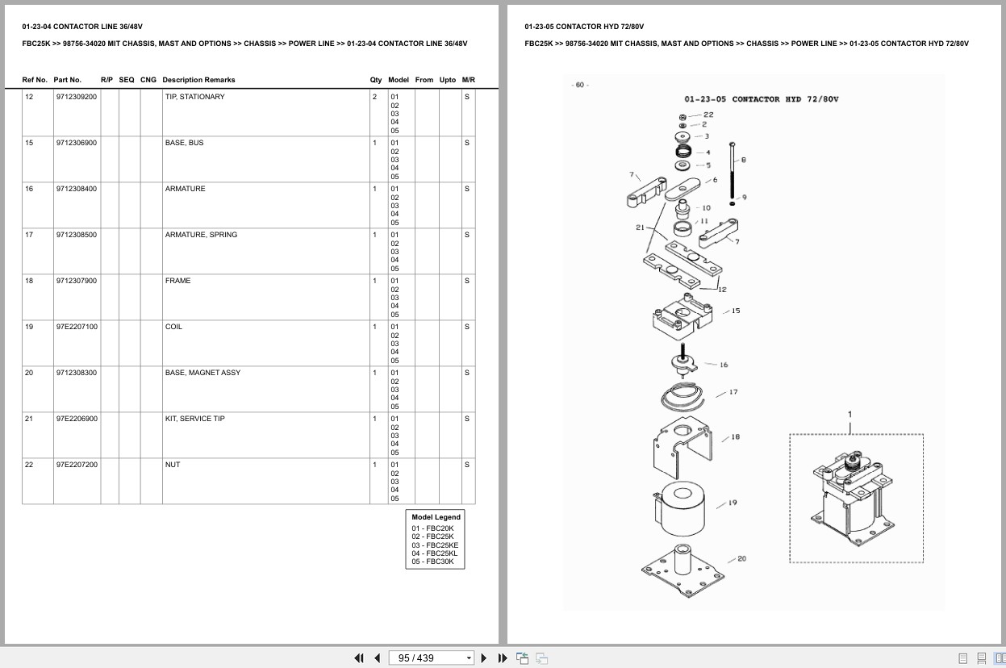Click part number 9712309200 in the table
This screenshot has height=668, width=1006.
[77, 97]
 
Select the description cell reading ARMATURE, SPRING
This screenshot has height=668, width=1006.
[201, 235]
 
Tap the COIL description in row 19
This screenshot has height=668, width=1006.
[173, 327]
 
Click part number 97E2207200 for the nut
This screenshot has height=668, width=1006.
[77, 465]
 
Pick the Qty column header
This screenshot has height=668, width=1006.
[376, 80]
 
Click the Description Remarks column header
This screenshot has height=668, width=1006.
[198, 80]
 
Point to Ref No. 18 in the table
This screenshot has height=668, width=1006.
[29, 281]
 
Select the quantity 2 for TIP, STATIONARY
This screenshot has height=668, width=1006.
[374, 97]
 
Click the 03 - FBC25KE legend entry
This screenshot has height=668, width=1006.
[435, 545]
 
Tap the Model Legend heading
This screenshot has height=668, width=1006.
[436, 517]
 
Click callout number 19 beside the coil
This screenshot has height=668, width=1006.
[733, 503]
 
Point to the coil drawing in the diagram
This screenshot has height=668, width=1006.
[680, 508]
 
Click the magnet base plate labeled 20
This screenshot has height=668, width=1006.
[682, 572]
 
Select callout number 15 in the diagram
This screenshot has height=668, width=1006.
[736, 311]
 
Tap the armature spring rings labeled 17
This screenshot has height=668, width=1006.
[682, 397]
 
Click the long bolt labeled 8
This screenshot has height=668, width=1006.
[732, 171]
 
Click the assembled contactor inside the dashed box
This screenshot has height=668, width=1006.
[853, 499]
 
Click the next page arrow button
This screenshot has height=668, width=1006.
[483, 658]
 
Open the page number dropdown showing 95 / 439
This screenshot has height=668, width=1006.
[431, 658]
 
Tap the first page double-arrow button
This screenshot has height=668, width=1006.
[359, 658]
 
